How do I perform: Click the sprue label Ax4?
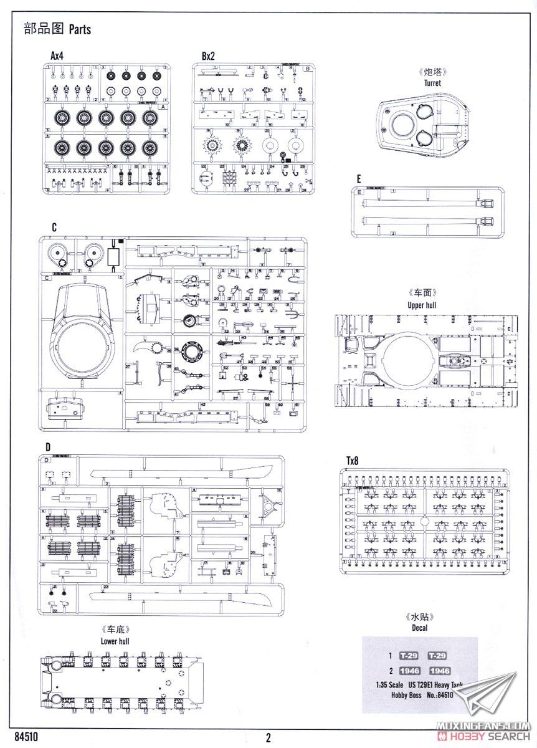click(x=58, y=56)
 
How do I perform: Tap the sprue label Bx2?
click(x=208, y=56)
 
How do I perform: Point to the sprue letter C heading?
click(x=54, y=228)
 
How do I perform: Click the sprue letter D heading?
click(x=47, y=447)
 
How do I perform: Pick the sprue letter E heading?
click(x=359, y=179)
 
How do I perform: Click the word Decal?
click(x=419, y=628)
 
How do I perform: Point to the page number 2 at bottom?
click(x=268, y=738)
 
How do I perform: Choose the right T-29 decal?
click(x=440, y=656)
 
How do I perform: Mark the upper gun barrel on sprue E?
click(x=424, y=202)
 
